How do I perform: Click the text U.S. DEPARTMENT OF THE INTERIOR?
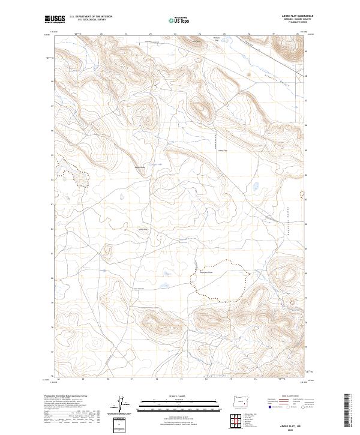[x=91, y=17]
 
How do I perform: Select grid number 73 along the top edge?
[x=175, y=34]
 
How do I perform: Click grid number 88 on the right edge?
[x=307, y=76]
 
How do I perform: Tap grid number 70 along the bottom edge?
[x=108, y=379]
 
